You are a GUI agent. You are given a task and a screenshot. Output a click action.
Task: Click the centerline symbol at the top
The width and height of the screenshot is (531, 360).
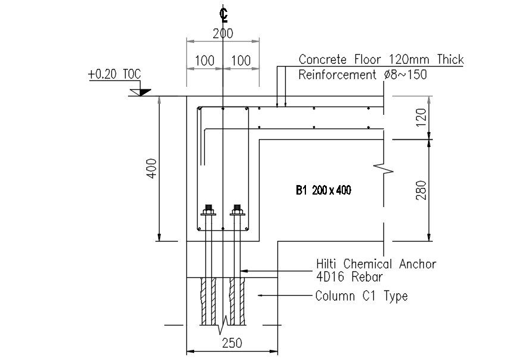point(223,14)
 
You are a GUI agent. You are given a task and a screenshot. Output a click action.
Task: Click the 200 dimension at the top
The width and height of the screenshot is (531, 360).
point(223,34)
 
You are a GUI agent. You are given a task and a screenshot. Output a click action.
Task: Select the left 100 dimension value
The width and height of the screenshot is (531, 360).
point(204,61)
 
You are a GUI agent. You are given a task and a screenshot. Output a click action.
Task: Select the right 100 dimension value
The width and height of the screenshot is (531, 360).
point(240,61)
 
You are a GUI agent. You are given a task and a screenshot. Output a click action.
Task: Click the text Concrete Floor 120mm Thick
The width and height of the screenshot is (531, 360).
point(381,60)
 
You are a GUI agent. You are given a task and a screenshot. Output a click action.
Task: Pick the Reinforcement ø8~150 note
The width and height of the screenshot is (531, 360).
point(363,75)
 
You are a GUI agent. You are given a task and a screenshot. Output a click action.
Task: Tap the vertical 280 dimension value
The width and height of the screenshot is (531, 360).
point(421,190)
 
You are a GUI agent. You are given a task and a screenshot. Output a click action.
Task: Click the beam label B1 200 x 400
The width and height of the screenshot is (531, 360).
point(323,191)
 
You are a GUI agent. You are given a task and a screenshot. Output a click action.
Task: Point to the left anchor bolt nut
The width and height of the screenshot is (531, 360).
point(208,210)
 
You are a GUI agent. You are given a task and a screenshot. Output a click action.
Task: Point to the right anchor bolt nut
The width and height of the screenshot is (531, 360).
point(238,210)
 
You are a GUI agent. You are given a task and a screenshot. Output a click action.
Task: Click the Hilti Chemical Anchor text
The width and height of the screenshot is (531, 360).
point(376,264)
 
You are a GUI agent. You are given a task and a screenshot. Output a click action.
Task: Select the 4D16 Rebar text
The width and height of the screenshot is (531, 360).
point(348,277)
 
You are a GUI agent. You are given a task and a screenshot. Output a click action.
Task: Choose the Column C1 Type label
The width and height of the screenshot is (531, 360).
point(361,296)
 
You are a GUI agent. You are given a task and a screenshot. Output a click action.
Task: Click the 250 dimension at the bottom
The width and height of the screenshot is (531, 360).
point(232,343)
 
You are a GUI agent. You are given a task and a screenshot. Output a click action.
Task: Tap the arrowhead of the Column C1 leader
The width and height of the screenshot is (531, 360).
point(259,295)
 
